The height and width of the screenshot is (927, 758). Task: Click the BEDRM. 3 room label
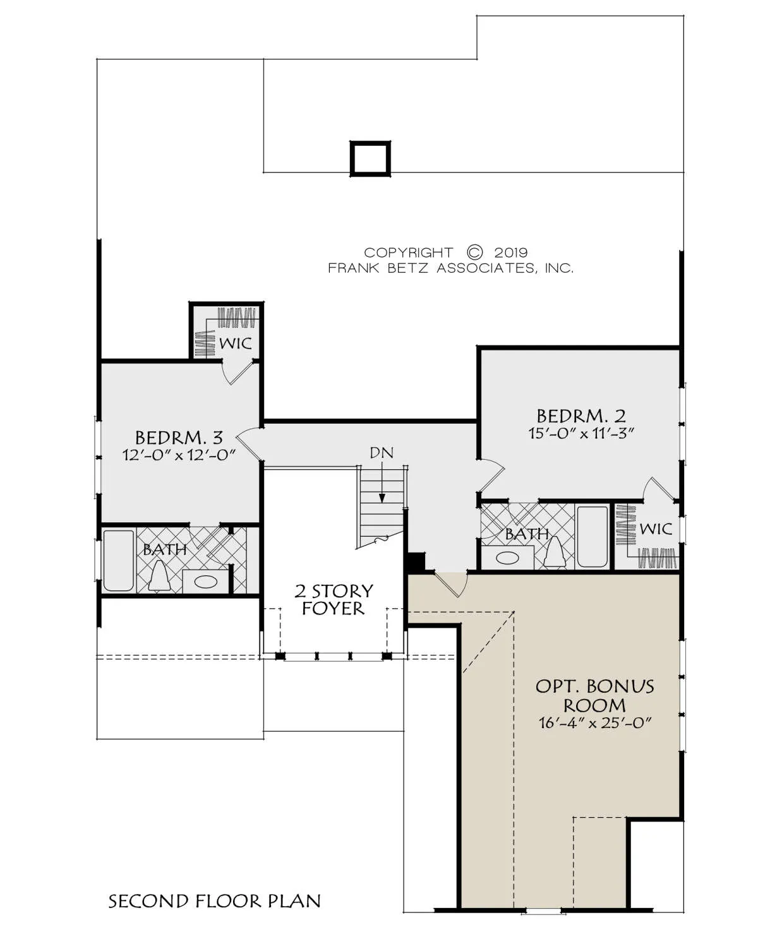(179, 438)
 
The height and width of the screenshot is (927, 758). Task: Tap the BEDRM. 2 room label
(581, 416)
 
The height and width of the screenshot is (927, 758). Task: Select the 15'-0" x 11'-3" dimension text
(581, 433)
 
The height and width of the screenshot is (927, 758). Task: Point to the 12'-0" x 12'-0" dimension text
(179, 455)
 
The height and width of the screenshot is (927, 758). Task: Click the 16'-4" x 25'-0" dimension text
(594, 723)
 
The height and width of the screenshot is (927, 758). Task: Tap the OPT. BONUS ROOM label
(594, 696)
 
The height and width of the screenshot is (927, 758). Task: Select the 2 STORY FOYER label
(334, 600)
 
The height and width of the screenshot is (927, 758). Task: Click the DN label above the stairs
(381, 453)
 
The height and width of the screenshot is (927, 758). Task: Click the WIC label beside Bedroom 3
(236, 344)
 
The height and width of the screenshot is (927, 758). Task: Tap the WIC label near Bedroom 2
(656, 529)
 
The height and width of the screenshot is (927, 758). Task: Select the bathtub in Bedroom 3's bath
(119, 560)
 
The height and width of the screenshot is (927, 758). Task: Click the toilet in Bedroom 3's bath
(159, 577)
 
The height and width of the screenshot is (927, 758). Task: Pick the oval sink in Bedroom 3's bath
(206, 582)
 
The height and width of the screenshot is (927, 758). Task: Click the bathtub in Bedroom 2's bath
(593, 537)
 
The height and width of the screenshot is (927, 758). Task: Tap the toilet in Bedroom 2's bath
(553, 552)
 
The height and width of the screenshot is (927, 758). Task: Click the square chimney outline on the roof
(370, 158)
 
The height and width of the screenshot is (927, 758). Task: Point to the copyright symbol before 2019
(474, 253)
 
